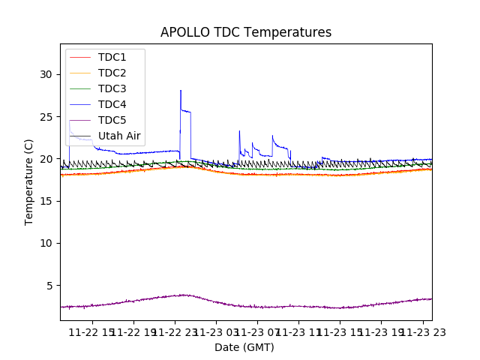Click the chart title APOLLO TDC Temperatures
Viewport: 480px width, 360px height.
246,32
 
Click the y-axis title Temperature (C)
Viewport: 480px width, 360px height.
29,182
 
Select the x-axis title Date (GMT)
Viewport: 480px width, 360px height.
244,347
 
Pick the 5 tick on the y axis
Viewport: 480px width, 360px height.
49,286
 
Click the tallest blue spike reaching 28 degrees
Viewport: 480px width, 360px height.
181,91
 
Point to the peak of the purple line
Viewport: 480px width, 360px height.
182,295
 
